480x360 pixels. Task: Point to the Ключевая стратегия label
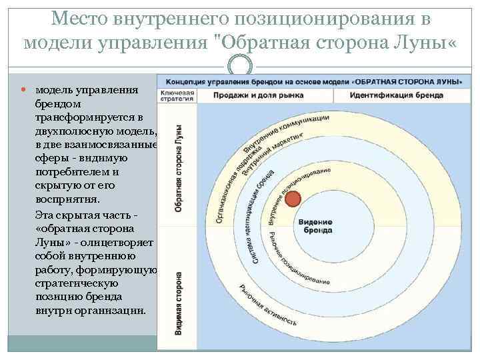pyautogui.click(x=176, y=95)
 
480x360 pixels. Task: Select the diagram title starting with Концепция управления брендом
pyautogui.click(x=310, y=79)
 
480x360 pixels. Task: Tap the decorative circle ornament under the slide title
pyautogui.click(x=240, y=67)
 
